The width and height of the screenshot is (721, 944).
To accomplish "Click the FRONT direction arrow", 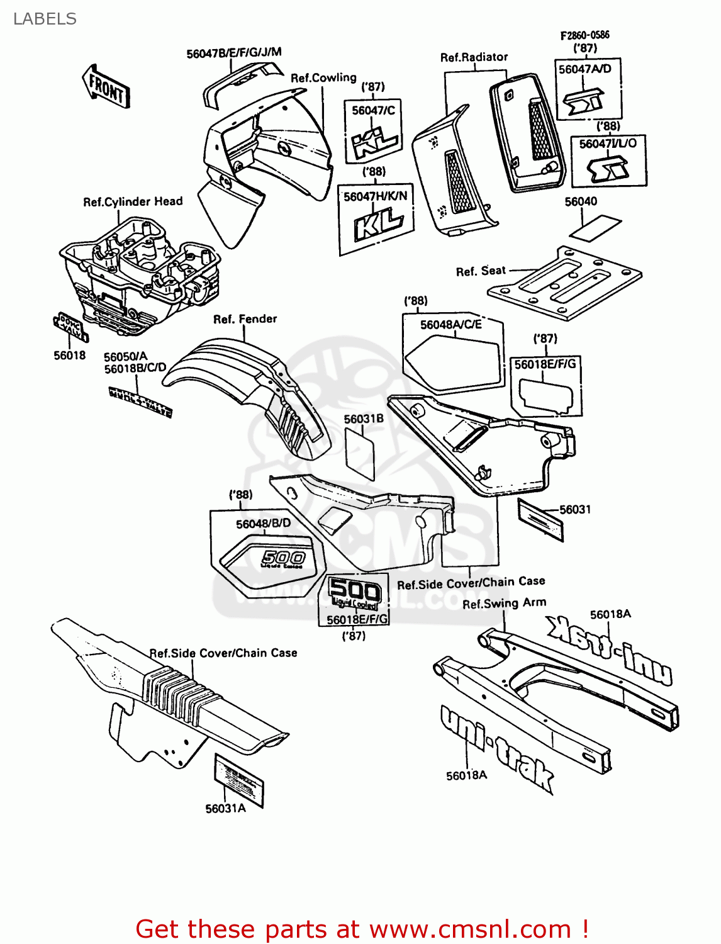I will pos(106,87).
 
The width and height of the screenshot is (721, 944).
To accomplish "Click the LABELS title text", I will pos(45,19).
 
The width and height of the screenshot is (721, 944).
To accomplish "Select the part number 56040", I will pos(581,201).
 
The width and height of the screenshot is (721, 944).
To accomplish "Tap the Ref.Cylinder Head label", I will pos(133,201).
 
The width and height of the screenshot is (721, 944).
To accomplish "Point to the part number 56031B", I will pos(363,419).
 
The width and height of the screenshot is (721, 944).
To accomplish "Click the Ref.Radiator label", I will pos(474,57).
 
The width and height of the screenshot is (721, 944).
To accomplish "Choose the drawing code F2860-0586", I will pos(584,35).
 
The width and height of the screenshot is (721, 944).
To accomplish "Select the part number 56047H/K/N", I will pos(375,196).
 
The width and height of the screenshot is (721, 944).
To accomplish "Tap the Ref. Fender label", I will pos(245,319).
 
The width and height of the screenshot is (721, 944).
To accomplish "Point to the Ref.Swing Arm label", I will pos(504,604).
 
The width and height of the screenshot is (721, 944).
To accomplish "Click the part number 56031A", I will pos(225,809).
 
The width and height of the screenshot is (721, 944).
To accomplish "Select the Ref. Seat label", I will pos(481,271).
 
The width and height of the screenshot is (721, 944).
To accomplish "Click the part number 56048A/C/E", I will pos(450,325).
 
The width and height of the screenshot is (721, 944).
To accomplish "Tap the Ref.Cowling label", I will pos(323,78).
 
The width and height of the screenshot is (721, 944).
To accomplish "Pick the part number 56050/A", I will pos(125,356).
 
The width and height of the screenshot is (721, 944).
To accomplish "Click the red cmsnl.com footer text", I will pos(362,929).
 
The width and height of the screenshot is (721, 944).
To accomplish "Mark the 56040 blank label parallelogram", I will pos(595,227).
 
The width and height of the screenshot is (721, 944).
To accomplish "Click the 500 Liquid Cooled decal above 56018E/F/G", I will pos(355,593).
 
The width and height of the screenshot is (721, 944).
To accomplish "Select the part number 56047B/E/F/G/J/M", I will pos(233,53).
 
